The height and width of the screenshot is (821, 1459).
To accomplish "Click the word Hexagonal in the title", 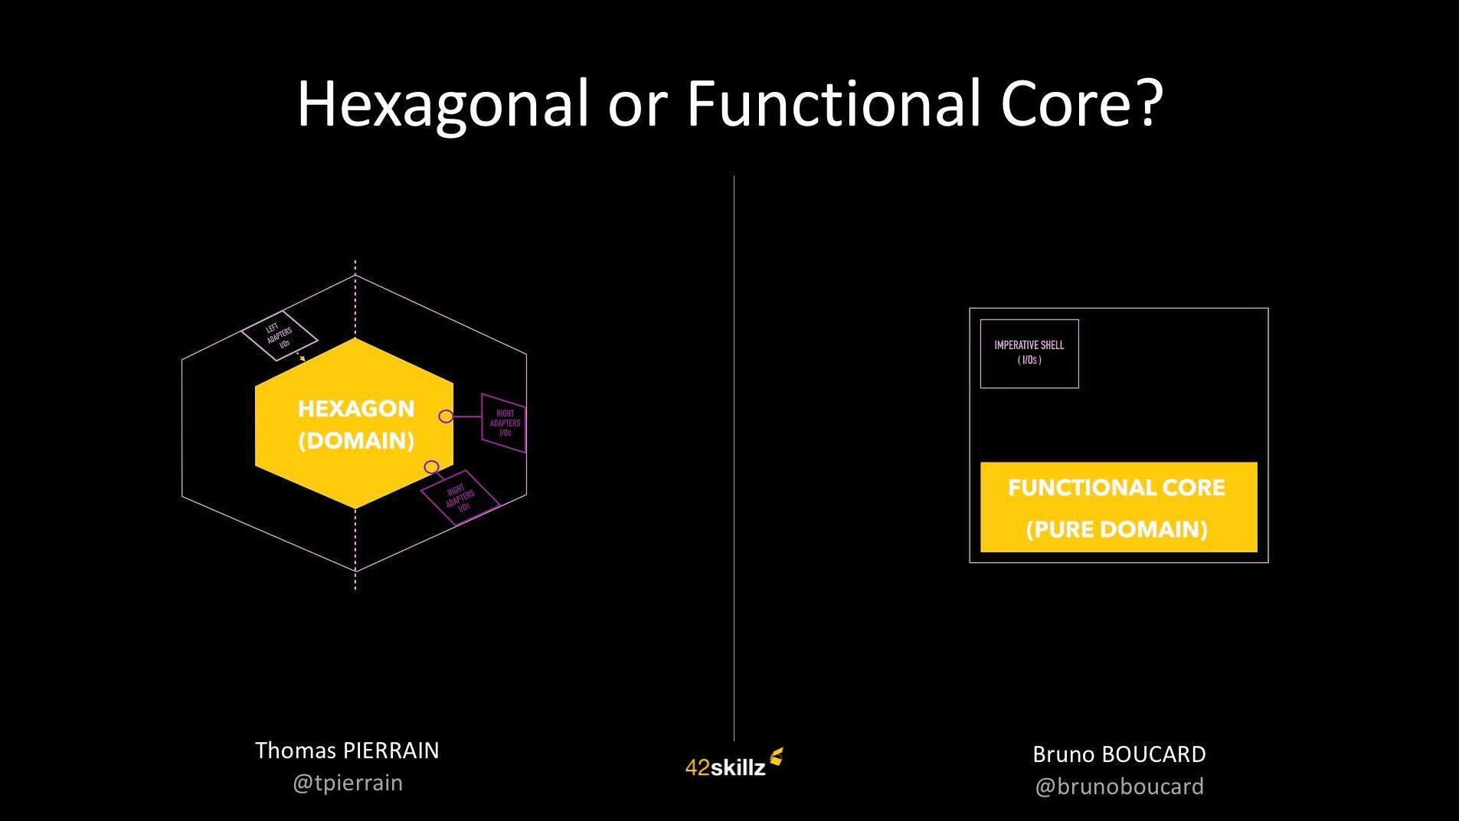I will (x=443, y=103).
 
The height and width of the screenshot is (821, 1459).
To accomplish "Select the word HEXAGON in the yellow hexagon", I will (x=356, y=409).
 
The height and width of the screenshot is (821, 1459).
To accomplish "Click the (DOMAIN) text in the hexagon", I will (x=356, y=441).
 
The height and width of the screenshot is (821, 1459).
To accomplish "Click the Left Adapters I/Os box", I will (x=280, y=336).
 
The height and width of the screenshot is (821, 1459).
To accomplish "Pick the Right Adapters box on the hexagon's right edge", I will (x=504, y=424).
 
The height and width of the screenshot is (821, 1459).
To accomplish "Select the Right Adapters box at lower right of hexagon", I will (x=460, y=498).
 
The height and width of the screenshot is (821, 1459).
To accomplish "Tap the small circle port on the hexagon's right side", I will (x=446, y=416).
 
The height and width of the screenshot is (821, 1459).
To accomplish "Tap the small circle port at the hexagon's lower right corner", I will (x=431, y=467).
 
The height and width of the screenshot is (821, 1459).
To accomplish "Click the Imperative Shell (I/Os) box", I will (x=1029, y=353).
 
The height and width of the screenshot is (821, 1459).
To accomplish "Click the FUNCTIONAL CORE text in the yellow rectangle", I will (x=1117, y=488).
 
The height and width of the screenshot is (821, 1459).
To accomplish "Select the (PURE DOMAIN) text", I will (x=1117, y=529).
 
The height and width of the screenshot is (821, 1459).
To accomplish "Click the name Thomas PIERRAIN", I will (x=347, y=751).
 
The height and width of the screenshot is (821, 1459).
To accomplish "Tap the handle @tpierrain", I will (x=347, y=783).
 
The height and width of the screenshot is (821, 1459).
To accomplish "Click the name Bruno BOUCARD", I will (x=1119, y=754).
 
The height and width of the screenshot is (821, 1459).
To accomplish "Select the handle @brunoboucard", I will (x=1119, y=787).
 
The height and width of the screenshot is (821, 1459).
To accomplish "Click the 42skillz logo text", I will (x=725, y=767).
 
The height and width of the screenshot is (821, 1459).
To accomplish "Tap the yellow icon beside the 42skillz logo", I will (x=777, y=757).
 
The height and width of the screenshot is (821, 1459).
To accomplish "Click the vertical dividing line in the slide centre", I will (x=734, y=460).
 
